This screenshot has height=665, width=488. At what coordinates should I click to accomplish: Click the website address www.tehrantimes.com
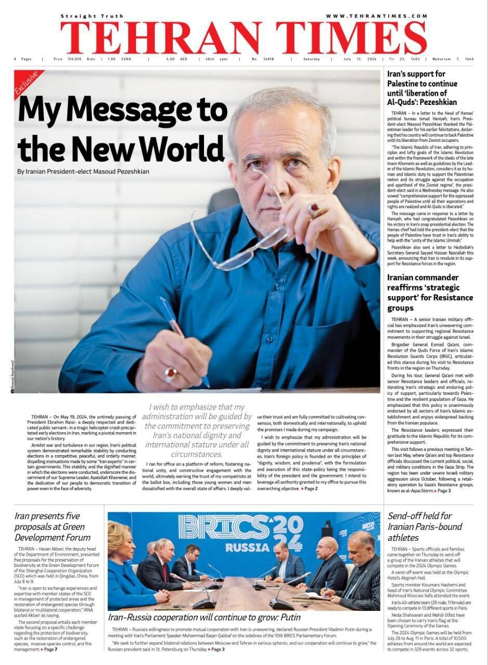376,16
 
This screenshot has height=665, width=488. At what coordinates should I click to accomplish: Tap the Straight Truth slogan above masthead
92,16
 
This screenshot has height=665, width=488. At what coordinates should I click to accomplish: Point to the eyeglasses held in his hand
244,244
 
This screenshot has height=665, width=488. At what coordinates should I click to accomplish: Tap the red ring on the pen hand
170,373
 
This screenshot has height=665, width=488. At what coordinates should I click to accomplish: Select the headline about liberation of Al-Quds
423,88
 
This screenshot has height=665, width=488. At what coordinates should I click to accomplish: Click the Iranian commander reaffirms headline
430,292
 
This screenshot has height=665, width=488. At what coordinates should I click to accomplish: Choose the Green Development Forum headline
52,527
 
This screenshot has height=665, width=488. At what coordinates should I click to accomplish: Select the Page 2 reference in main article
309,489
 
